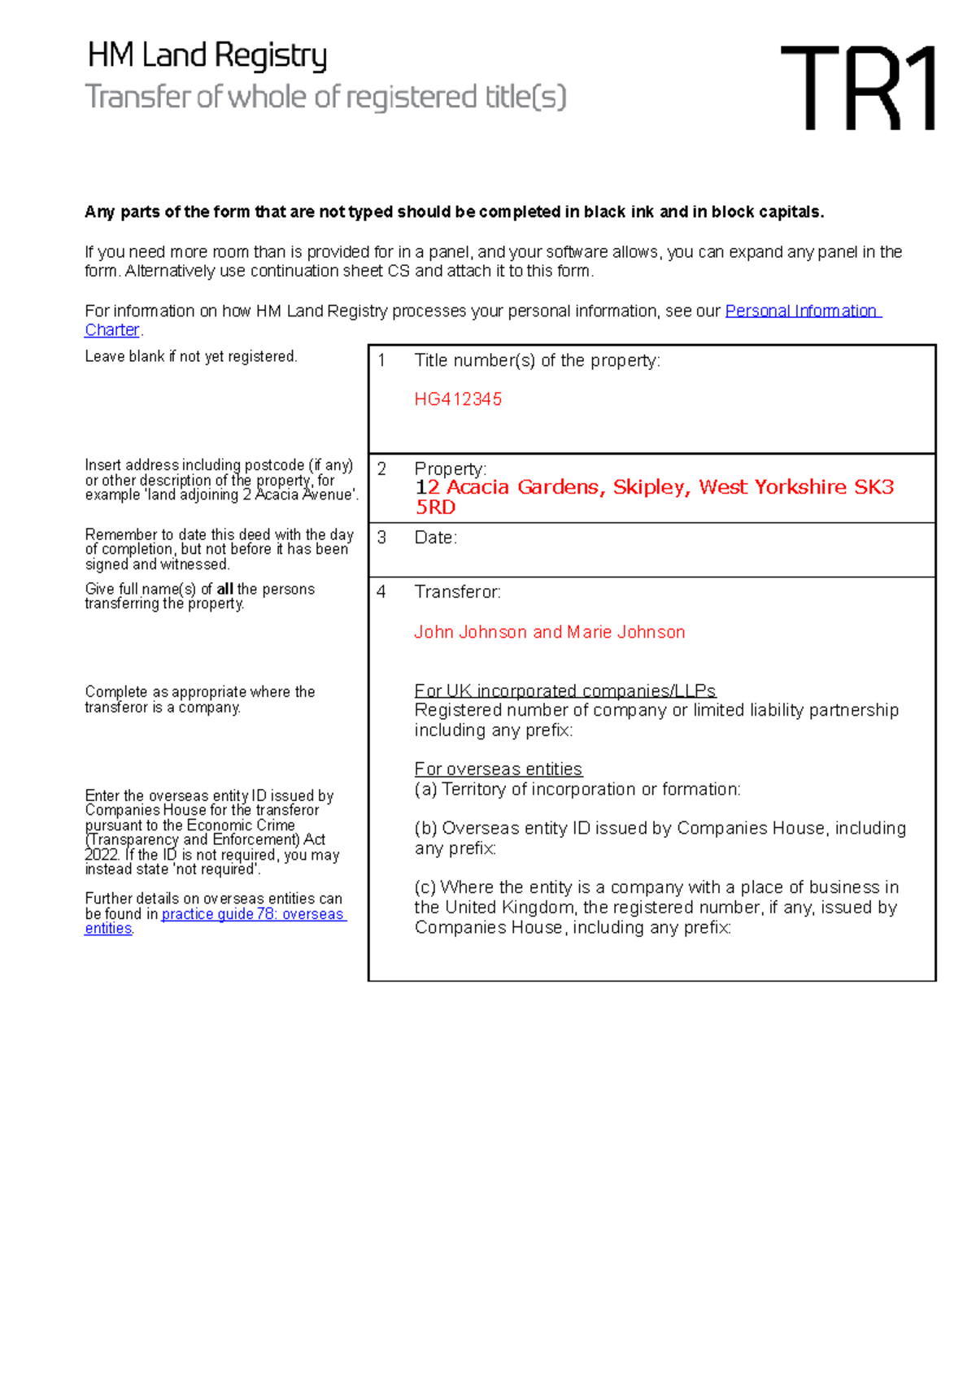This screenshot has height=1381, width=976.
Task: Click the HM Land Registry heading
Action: [x=207, y=55]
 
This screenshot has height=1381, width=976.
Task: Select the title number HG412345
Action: [x=458, y=399]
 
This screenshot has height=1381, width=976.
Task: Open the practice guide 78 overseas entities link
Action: [x=253, y=914]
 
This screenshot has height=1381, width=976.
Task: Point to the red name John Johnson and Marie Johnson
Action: [x=549, y=632]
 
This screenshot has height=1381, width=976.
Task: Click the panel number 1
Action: [x=381, y=360]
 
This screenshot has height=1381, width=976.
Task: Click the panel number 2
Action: [x=381, y=468]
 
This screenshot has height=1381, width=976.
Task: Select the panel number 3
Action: [x=381, y=538]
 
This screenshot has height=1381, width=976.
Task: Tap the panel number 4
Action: [x=381, y=592]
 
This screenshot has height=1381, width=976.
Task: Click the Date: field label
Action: [x=435, y=538]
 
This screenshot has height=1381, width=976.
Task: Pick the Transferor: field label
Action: [x=457, y=592]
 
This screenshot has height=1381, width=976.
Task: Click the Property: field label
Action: [x=450, y=468]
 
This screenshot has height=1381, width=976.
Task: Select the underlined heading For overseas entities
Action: [x=498, y=769]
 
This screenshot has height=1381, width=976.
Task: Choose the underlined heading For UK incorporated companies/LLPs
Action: [x=564, y=690]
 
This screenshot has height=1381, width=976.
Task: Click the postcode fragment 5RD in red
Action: [x=435, y=508]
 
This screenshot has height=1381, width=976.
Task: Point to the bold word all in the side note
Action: [x=224, y=589]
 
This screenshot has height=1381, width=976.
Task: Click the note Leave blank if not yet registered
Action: [x=191, y=356]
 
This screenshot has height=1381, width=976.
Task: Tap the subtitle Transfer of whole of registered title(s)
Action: [x=325, y=97]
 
